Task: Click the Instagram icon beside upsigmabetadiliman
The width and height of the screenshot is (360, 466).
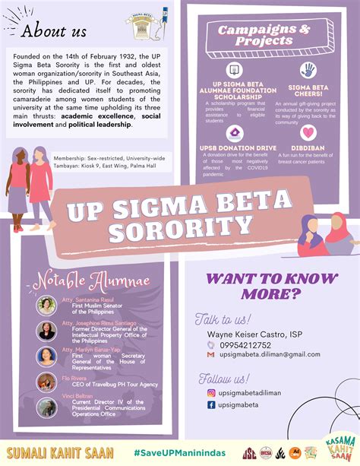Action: tap(211, 392)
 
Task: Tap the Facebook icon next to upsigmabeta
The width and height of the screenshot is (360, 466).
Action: tap(211, 405)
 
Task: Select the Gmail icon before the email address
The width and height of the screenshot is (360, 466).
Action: tap(211, 353)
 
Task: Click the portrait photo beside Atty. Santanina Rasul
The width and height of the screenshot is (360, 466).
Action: tap(46, 305)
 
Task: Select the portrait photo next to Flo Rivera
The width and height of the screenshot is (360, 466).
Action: tap(46, 382)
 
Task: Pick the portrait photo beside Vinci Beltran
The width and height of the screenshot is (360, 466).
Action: tap(46, 407)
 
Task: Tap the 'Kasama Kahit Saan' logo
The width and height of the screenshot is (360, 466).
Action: tap(336, 448)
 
